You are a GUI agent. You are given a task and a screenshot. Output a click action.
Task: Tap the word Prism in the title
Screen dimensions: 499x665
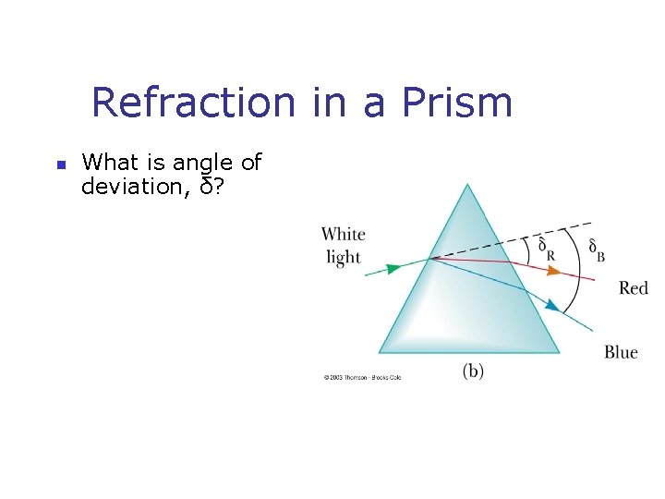(457, 102)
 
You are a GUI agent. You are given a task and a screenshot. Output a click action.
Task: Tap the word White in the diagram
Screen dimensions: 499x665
(344, 235)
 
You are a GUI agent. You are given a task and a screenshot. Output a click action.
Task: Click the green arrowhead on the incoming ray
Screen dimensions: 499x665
(393, 268)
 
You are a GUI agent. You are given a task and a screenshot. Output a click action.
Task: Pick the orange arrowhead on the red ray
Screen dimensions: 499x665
(553, 271)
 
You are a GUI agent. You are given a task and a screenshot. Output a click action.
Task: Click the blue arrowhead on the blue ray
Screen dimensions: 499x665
(553, 305)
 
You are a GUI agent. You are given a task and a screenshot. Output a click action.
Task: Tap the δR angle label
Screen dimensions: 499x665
(546, 249)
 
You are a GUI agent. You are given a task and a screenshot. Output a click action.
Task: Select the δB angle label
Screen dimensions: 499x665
(597, 249)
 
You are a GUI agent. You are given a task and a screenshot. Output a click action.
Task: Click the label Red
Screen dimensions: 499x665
(634, 288)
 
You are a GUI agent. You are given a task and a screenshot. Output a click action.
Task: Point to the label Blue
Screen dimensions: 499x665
(621, 352)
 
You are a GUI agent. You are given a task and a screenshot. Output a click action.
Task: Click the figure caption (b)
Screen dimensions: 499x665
(473, 371)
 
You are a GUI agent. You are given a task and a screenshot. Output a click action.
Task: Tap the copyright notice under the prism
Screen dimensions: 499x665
(361, 377)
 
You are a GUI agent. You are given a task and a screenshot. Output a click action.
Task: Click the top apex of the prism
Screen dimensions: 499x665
(468, 185)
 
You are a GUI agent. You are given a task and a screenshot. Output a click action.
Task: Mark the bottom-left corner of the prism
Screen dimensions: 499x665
(380, 351)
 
